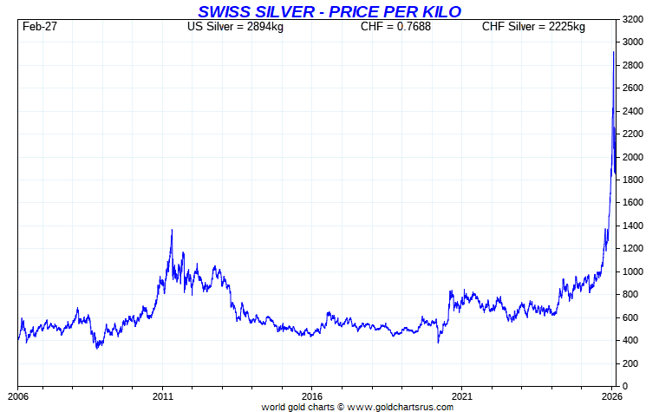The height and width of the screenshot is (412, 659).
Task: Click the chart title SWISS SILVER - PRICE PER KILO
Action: [x=329, y=10]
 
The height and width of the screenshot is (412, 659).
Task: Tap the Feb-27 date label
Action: [x=40, y=27]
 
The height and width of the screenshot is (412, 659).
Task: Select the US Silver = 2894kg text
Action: [x=235, y=27]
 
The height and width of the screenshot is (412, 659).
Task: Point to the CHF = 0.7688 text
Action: [x=395, y=27]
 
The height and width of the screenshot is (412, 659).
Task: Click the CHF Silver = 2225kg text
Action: [x=533, y=27]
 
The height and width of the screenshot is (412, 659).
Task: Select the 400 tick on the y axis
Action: [x=631, y=340]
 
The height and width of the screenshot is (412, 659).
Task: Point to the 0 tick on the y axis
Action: [x=626, y=386]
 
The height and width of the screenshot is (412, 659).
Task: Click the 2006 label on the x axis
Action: [x=18, y=396]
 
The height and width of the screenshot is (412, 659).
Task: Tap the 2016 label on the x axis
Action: [x=312, y=396]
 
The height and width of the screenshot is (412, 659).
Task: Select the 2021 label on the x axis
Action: [x=462, y=396]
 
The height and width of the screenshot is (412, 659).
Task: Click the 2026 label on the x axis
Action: [x=612, y=396]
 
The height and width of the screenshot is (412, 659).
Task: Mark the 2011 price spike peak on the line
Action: [x=172, y=230]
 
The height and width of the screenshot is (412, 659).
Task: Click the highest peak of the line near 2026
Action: [x=614, y=52]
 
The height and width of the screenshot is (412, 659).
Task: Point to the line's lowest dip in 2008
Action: [x=97, y=349]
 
